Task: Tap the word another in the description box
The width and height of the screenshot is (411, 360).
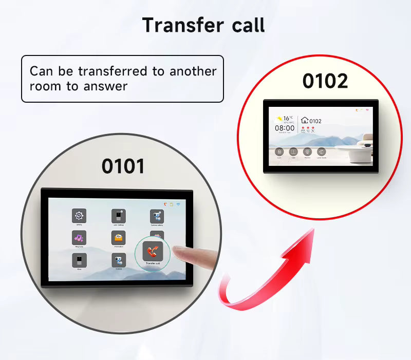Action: (193, 71)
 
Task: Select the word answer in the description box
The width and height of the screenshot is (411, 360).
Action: (104, 86)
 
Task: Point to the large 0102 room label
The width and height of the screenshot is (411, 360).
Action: (325, 81)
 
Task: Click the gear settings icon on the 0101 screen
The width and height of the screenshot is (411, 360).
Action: (79, 216)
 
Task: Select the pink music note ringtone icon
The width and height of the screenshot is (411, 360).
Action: (79, 238)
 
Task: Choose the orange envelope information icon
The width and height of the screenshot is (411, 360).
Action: (119, 238)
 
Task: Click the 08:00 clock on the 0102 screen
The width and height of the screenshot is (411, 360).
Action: (284, 128)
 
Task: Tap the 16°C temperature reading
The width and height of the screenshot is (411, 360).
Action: (288, 118)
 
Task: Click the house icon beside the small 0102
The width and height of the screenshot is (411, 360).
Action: (304, 121)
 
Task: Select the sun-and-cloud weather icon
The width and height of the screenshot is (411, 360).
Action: (279, 118)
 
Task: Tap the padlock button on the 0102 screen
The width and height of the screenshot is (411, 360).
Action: (279, 152)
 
